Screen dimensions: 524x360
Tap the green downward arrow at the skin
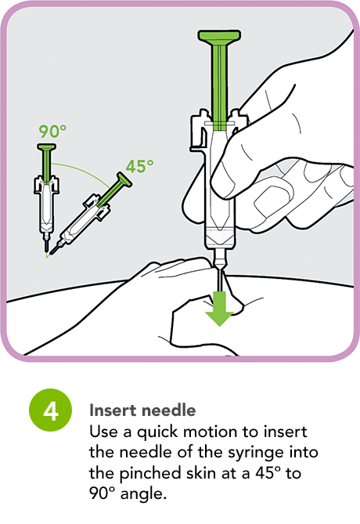point(221,308)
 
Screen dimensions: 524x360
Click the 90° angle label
point(52,131)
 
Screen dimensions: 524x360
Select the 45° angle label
point(139,165)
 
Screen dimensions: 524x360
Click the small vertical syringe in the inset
point(49,196)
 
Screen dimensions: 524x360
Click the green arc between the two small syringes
point(86,168)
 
